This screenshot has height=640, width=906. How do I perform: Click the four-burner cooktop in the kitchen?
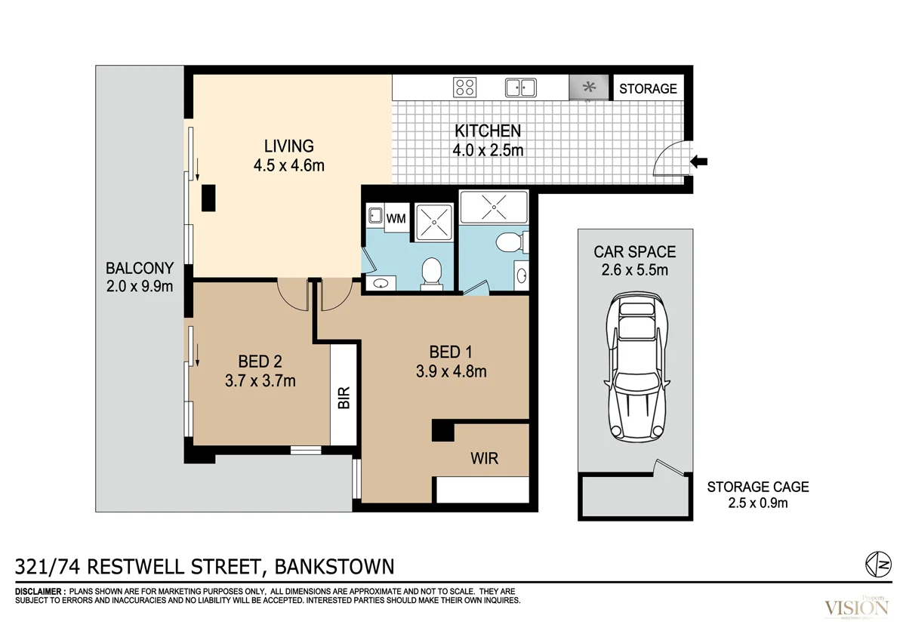point(466,88)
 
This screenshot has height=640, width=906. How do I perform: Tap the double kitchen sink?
point(520,88)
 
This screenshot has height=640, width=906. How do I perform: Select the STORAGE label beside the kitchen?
point(648,88)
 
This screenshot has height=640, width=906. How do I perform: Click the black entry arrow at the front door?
point(700,160)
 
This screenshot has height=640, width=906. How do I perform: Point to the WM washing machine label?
point(396,219)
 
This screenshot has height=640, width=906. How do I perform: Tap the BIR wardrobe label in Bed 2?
point(344,398)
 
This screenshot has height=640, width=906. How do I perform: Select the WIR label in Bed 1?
point(484,458)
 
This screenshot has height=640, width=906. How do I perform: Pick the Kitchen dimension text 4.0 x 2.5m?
point(488,150)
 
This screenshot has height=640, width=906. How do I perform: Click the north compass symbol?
point(875,563)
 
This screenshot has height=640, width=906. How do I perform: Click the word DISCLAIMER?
point(39,591)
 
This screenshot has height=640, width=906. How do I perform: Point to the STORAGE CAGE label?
point(757,488)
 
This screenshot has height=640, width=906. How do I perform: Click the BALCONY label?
point(140,268)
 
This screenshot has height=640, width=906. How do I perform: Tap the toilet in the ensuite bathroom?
point(507,243)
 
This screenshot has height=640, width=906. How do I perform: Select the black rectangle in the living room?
point(208,198)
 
